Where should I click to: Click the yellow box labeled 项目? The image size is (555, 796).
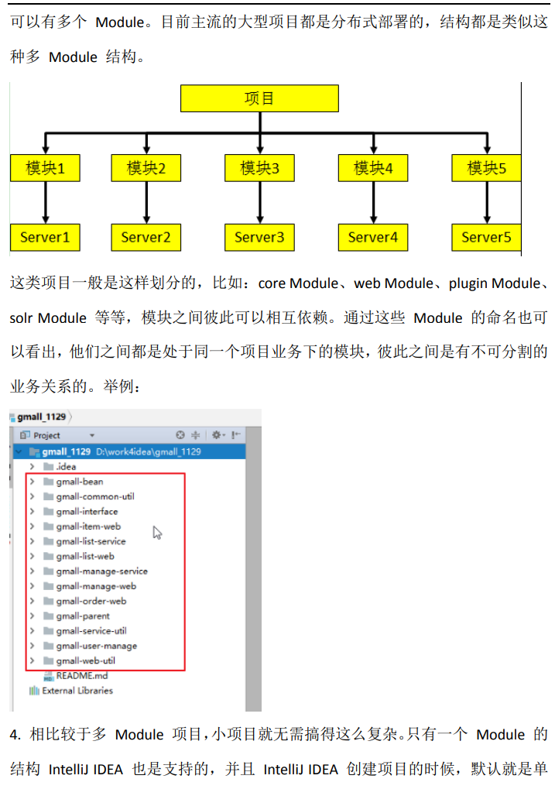pyautogui.click(x=259, y=98)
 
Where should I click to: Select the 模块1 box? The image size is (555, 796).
pyautogui.click(x=46, y=167)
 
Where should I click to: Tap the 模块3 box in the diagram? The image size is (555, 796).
pyautogui.click(x=259, y=167)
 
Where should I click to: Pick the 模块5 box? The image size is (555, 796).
pyautogui.click(x=486, y=167)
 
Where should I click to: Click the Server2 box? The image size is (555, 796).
pyautogui.click(x=146, y=237)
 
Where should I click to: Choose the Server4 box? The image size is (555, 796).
pyautogui.click(x=373, y=237)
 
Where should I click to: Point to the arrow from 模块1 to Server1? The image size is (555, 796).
pyautogui.click(x=46, y=202)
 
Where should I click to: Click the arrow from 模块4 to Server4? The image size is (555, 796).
pyautogui.click(x=373, y=202)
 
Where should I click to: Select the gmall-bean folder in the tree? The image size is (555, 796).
pyautogui.click(x=79, y=482)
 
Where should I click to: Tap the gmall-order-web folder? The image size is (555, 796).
pyautogui.click(x=91, y=601)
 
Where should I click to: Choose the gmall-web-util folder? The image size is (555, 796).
pyautogui.click(x=85, y=661)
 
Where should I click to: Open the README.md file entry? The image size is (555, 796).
pyautogui.click(x=81, y=676)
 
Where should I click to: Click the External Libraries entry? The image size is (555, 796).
pyautogui.click(x=77, y=691)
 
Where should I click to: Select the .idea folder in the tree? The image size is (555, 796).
pyautogui.click(x=66, y=467)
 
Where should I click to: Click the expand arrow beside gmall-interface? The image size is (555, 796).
pyautogui.click(x=32, y=511)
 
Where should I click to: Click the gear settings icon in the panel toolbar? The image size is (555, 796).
pyautogui.click(x=216, y=435)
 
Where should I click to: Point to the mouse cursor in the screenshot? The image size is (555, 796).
pyautogui.click(x=157, y=532)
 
